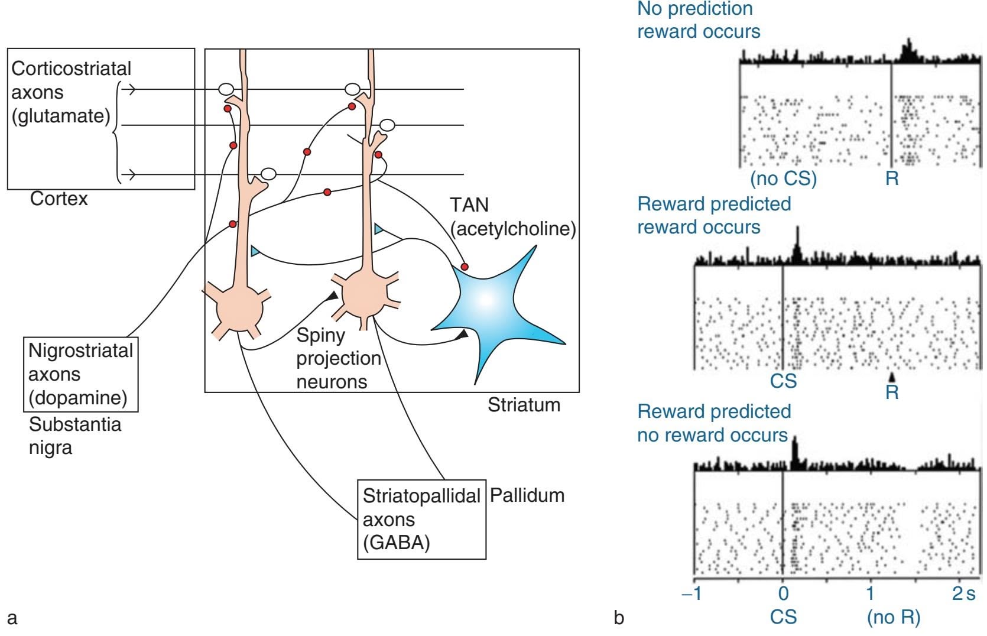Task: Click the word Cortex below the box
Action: coord(59,199)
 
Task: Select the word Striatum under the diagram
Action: coord(524,405)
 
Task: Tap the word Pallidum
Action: coord(527,495)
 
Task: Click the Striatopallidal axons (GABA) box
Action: coord(421,520)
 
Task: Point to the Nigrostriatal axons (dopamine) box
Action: coord(81,374)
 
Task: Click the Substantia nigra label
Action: coord(74,436)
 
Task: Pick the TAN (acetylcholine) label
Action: coord(512,217)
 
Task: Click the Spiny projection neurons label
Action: coord(338,358)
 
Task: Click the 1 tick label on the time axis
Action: coord(871,593)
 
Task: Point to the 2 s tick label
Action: coord(963,593)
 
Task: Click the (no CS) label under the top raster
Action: coord(783,178)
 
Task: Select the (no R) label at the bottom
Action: coord(894,617)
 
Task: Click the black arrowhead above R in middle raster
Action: coord(892,377)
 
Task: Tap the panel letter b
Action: coord(619,618)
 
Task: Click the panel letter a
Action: coord(12,618)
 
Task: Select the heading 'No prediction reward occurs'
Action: coord(698,20)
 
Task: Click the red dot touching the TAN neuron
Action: coord(465,267)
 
